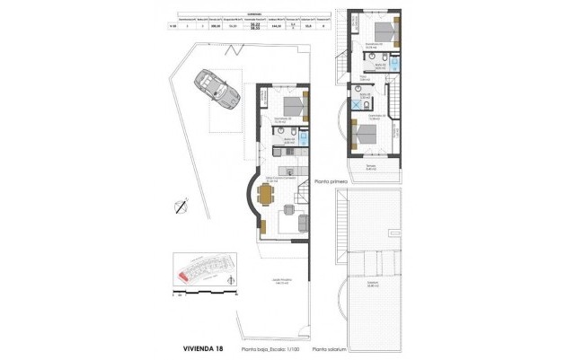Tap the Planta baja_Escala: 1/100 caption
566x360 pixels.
pos(268,348)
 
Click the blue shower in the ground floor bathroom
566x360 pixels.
pos(303,139)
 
